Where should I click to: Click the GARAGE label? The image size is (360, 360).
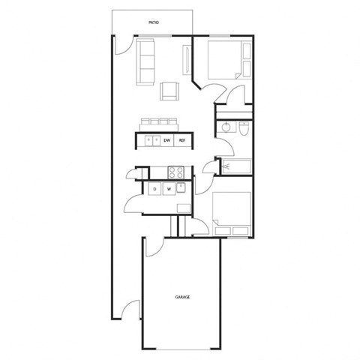click(182, 297)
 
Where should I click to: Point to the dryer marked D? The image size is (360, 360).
click(154, 189)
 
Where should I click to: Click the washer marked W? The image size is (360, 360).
click(169, 189)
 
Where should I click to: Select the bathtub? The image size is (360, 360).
click(234, 166)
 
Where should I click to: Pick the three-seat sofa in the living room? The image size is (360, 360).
click(145, 63)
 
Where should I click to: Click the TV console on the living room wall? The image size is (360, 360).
click(187, 59)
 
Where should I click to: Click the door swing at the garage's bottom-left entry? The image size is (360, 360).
click(131, 307)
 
